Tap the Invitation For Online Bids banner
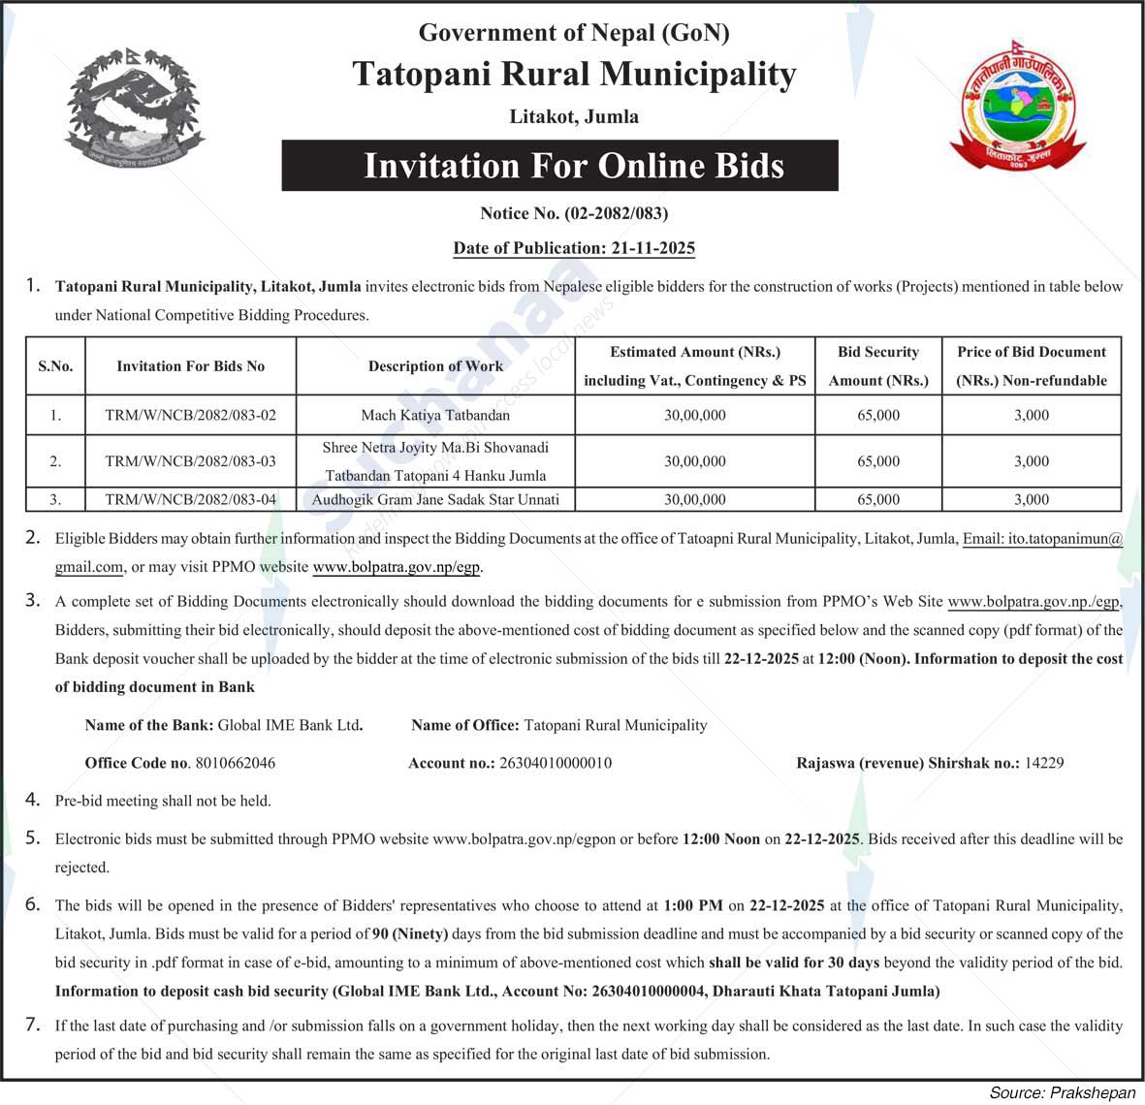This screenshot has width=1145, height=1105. pyautogui.click(x=573, y=166)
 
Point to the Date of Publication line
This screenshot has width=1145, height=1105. pyautogui.click(x=574, y=248)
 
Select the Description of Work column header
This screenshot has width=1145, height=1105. pyautogui.click(x=435, y=366)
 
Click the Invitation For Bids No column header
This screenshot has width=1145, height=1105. pyautogui.click(x=190, y=366)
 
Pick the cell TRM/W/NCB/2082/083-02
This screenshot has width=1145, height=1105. pyautogui.click(x=190, y=415)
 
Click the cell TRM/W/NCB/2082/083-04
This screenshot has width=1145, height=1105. pyautogui.click(x=190, y=500)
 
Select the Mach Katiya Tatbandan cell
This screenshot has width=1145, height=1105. pyautogui.click(x=435, y=415)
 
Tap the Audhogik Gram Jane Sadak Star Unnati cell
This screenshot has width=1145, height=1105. pyautogui.click(x=435, y=500)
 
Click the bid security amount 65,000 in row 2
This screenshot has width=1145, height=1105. pyautogui.click(x=877, y=461)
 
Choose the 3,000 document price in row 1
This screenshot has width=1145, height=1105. pyautogui.click(x=1031, y=415)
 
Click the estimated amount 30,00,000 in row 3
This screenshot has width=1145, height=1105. pyautogui.click(x=694, y=500)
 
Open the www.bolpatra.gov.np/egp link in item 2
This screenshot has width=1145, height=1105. pyautogui.click(x=397, y=567)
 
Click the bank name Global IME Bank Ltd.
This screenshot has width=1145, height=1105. pyautogui.click(x=290, y=725)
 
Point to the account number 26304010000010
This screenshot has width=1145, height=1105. pyautogui.click(x=556, y=763)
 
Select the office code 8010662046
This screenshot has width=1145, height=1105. pyautogui.click(x=235, y=763)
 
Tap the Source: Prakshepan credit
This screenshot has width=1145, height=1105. pyautogui.click(x=1062, y=1092)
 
